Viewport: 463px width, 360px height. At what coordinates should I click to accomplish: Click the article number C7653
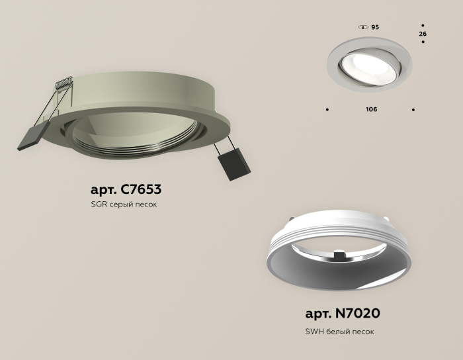138,190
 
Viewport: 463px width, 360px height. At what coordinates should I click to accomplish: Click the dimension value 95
375,27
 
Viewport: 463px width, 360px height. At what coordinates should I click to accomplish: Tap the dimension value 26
423,33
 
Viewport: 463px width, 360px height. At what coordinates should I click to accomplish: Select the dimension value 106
371,109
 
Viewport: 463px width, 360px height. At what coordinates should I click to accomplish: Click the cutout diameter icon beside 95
362,27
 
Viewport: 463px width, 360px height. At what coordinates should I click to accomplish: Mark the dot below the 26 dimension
423,43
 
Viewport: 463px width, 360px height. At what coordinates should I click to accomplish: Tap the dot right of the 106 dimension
413,109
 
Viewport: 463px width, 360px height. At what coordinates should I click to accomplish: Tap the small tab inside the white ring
339,253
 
